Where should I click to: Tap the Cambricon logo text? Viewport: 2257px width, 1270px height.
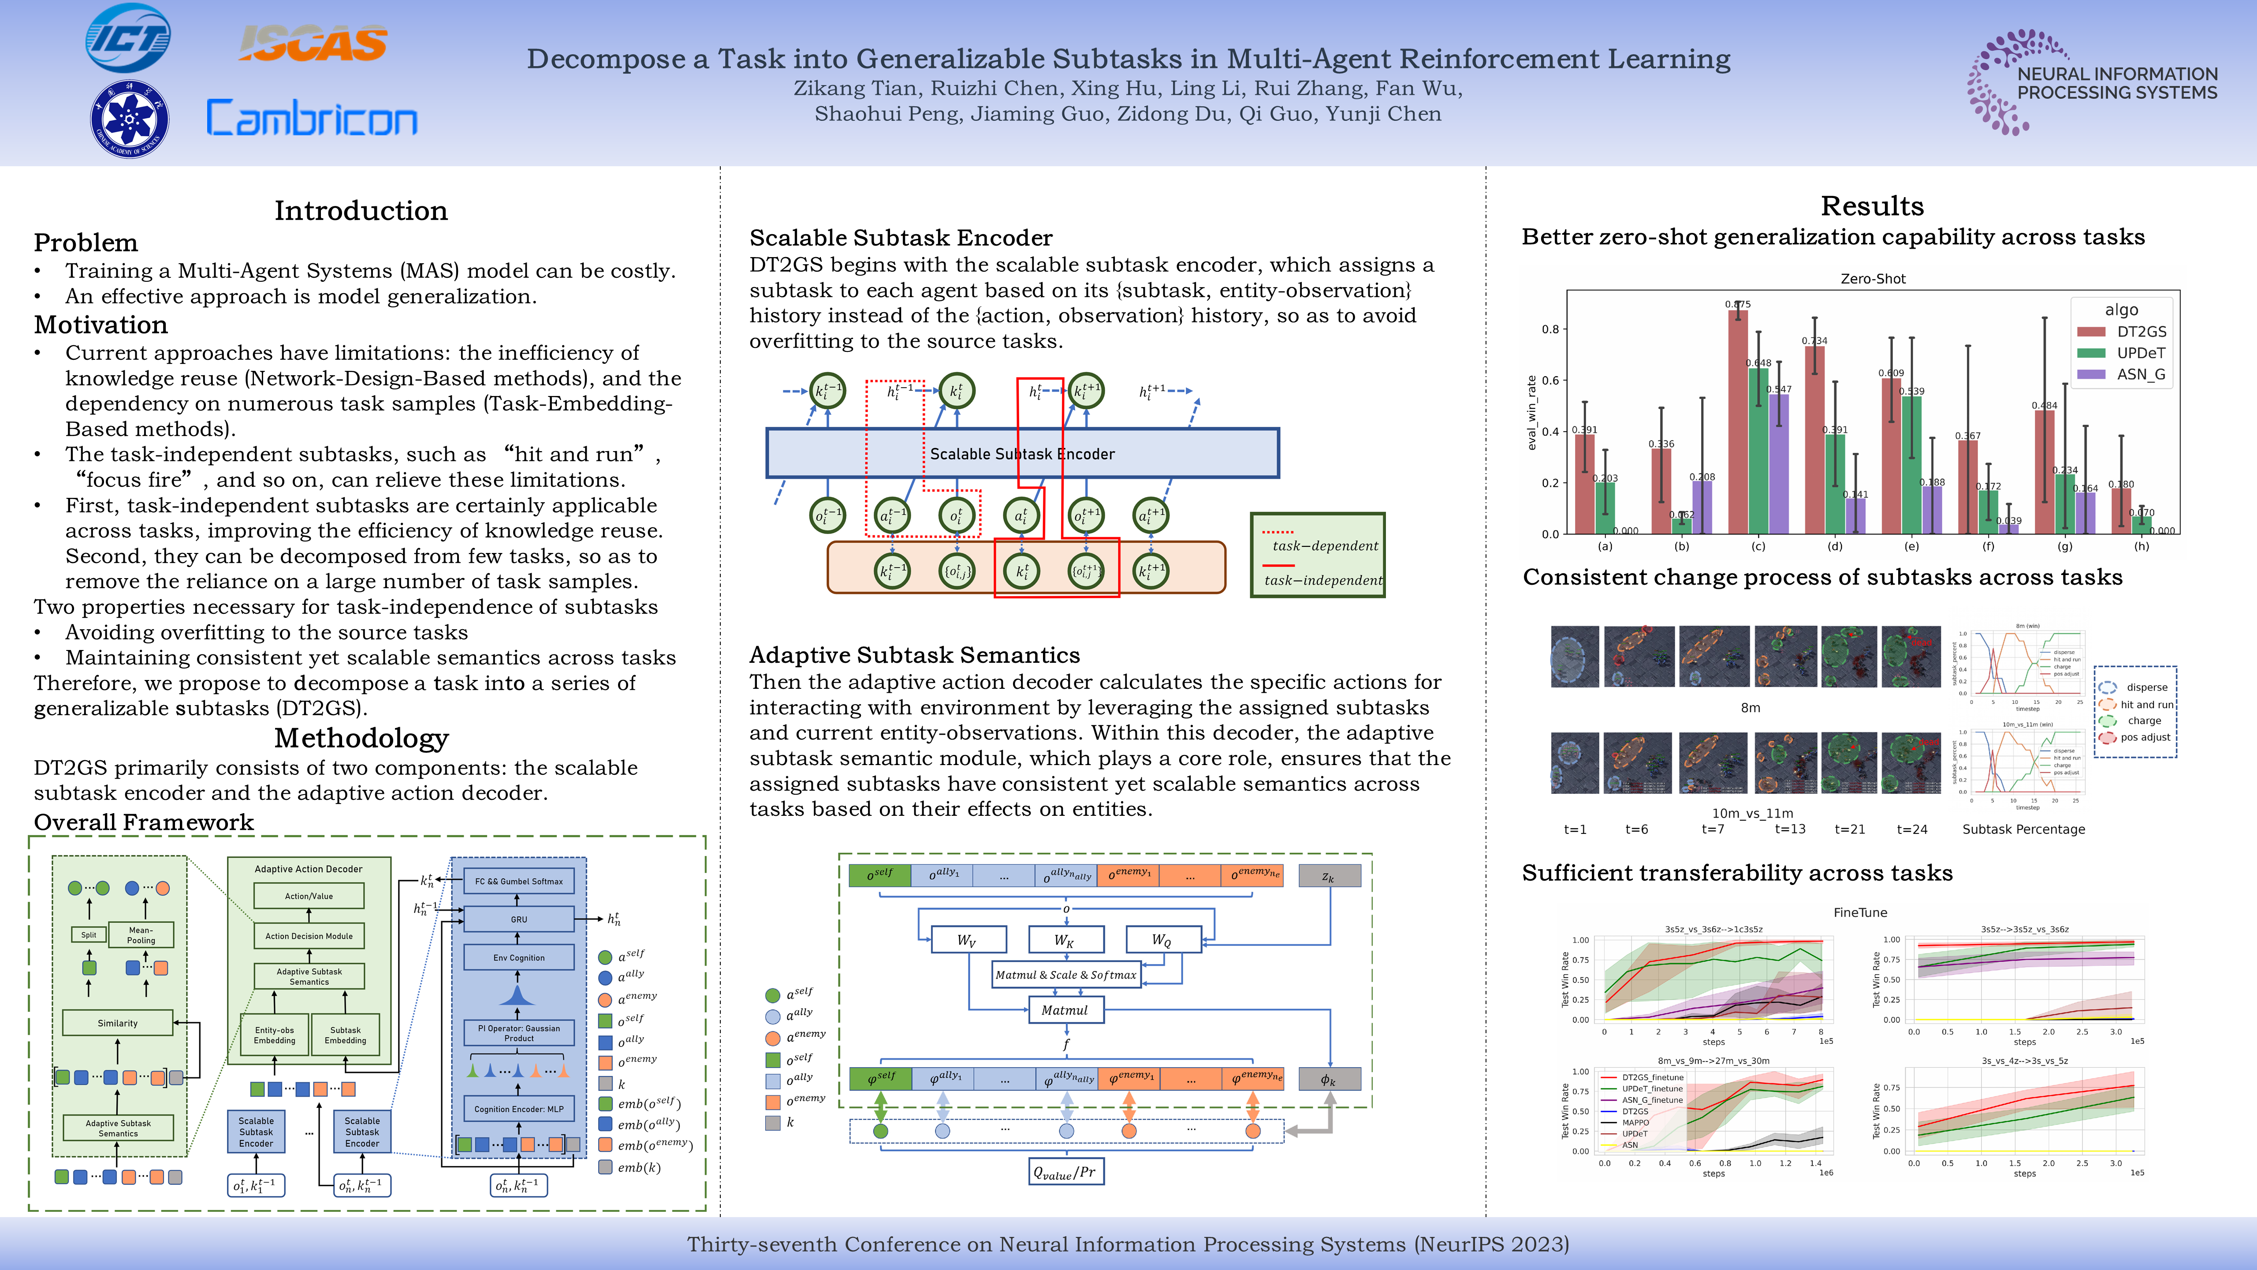click(x=312, y=118)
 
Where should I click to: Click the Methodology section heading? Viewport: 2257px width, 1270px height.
click(x=361, y=738)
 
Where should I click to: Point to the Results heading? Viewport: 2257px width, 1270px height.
click(x=1871, y=206)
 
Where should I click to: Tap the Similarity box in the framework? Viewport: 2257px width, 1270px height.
click(x=117, y=1023)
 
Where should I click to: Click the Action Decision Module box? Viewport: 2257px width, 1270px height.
click(x=309, y=936)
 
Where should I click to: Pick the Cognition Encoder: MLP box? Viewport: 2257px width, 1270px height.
click(x=519, y=1109)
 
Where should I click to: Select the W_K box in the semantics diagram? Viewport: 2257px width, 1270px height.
click(x=1065, y=941)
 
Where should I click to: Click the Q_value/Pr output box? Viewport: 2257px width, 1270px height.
click(x=1065, y=1172)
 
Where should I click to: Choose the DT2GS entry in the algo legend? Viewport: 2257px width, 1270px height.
click(x=2141, y=331)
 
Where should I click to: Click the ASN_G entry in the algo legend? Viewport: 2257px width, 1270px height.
click(x=2141, y=374)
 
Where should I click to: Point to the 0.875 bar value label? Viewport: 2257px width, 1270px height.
click(x=1737, y=304)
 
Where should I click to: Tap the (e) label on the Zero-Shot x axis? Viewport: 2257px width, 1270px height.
click(x=1911, y=546)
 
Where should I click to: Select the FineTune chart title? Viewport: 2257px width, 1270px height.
click(x=1860, y=912)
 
